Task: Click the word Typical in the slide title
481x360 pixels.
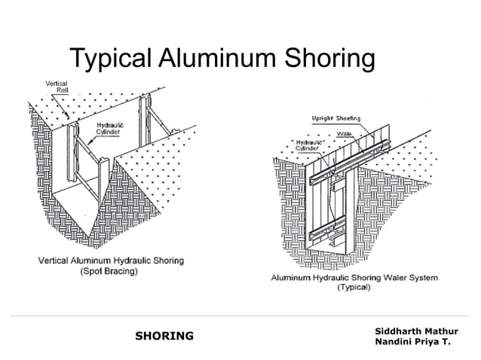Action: pos(110,58)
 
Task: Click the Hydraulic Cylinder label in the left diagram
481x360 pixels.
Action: pos(110,128)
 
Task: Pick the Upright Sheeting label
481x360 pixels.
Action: pos(336,118)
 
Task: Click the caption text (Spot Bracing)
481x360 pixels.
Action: pos(109,272)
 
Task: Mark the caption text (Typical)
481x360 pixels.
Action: pos(353,288)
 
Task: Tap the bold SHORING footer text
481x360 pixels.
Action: pos(163,335)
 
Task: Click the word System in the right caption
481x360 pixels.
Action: pos(421,278)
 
